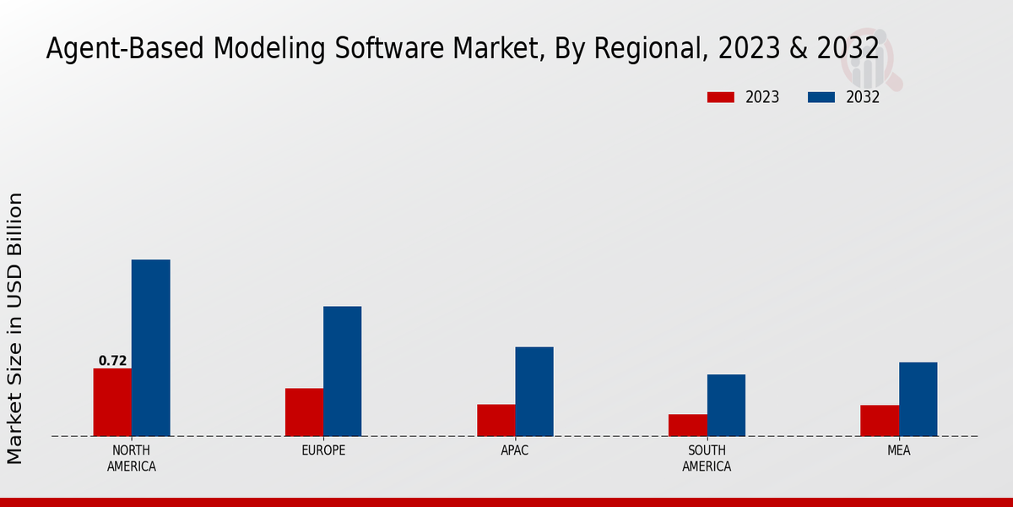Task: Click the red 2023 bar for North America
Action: [112, 402]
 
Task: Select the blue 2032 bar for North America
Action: [150, 348]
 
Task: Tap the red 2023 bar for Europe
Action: [304, 412]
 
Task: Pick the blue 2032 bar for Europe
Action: [342, 371]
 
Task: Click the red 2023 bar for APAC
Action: [496, 420]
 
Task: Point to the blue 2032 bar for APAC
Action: [534, 391]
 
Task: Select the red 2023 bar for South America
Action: [687, 425]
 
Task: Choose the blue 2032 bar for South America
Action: [726, 405]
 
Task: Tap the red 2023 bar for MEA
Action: [880, 421]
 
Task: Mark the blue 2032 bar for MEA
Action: [918, 399]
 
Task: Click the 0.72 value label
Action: [112, 361]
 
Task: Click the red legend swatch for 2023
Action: [720, 97]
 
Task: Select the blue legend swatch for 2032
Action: [821, 97]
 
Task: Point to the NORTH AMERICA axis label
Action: [132, 458]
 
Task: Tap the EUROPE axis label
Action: [323, 450]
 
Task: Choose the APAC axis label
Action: [515, 450]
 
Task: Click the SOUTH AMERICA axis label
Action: [707, 458]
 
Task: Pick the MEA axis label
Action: [898, 450]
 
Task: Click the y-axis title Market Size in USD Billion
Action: [15, 328]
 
